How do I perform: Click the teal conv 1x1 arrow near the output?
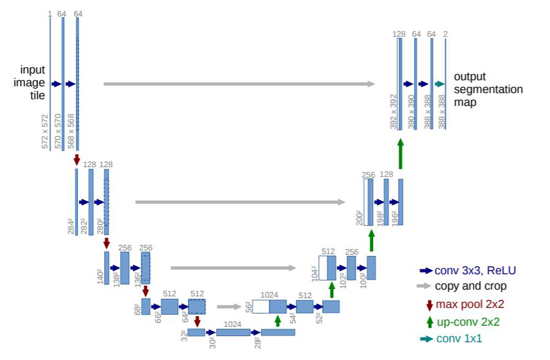pos(439,84)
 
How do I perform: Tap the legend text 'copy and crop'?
pos(470,287)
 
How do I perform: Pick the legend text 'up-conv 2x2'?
pos(467,322)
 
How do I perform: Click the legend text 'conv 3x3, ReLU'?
pos(475,270)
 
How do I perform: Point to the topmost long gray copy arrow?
pos(239,84)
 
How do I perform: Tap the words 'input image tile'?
pos(32,83)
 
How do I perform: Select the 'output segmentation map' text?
pos(488,89)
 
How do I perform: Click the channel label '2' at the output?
pos(445,34)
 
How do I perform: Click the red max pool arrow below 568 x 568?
pos(77,159)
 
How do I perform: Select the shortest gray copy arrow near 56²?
pos(228,307)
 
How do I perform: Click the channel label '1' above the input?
pos(50,13)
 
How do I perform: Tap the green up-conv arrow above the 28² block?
pos(277,321)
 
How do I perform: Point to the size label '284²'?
pos(71,228)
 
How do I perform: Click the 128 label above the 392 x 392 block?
pos(399,34)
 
